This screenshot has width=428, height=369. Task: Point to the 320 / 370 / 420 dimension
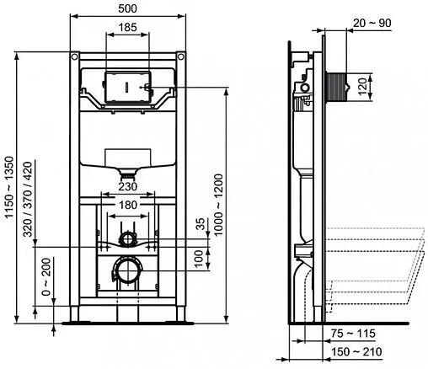(27, 197)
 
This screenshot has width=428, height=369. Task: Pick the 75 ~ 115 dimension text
(353, 333)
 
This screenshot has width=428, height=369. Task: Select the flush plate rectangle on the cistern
(125, 88)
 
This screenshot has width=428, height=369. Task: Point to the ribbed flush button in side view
(340, 86)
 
